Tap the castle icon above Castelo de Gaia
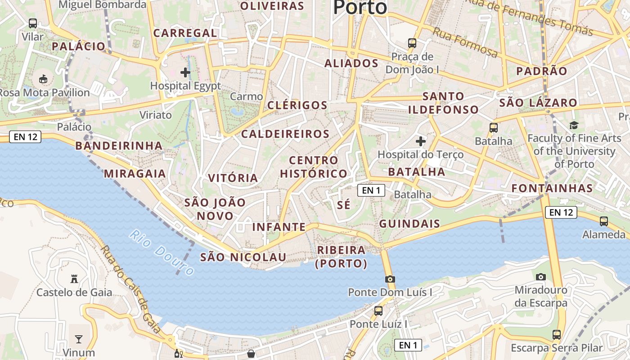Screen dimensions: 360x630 pyautogui.click(x=74, y=279)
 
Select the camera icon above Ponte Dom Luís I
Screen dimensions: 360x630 pyautogui.click(x=390, y=279)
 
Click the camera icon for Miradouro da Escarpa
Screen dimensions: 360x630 pyautogui.click(x=541, y=276)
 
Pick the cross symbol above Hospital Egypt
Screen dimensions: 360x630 pyautogui.click(x=185, y=72)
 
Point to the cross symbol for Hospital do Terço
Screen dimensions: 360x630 pyautogui.click(x=421, y=141)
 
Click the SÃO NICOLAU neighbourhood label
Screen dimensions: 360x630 pyautogui.click(x=243, y=257)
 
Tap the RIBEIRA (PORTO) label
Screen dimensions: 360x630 pyautogui.click(x=341, y=256)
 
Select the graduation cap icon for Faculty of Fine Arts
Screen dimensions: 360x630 pyautogui.click(x=574, y=125)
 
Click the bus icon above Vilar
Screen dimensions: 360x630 pyautogui.click(x=33, y=23)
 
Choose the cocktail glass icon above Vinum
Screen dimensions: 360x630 pyautogui.click(x=79, y=339)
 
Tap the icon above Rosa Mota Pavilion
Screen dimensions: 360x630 pyautogui.click(x=44, y=79)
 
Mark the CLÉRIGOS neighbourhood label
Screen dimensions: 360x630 pyautogui.click(x=297, y=105)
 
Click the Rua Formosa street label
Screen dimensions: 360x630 pyautogui.click(x=465, y=42)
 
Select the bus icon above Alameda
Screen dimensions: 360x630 pyautogui.click(x=604, y=221)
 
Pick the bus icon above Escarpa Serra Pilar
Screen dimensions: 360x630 pyautogui.click(x=557, y=334)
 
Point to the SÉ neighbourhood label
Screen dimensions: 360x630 pyautogui.click(x=343, y=205)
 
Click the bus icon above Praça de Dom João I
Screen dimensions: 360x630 pyautogui.click(x=412, y=43)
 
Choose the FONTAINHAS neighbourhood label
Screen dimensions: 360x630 pyautogui.click(x=552, y=188)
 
